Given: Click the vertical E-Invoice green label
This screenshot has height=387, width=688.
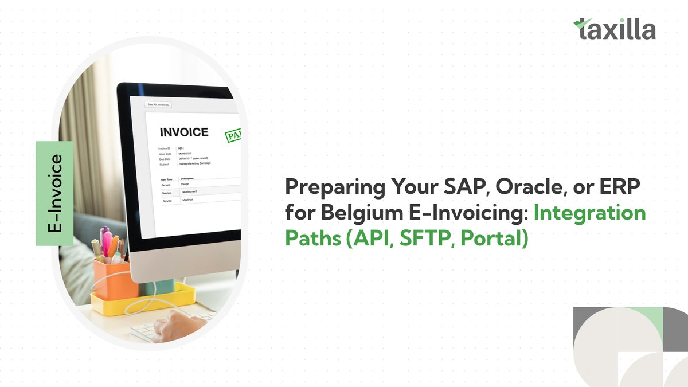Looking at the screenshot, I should [54, 193].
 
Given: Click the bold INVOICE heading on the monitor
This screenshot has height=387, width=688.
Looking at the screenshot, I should [183, 132].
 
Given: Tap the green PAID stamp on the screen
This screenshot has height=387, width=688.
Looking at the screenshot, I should [232, 135].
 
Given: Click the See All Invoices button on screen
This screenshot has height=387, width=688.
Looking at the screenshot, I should [158, 105].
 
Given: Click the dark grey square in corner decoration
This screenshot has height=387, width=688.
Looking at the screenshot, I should [675, 333].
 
